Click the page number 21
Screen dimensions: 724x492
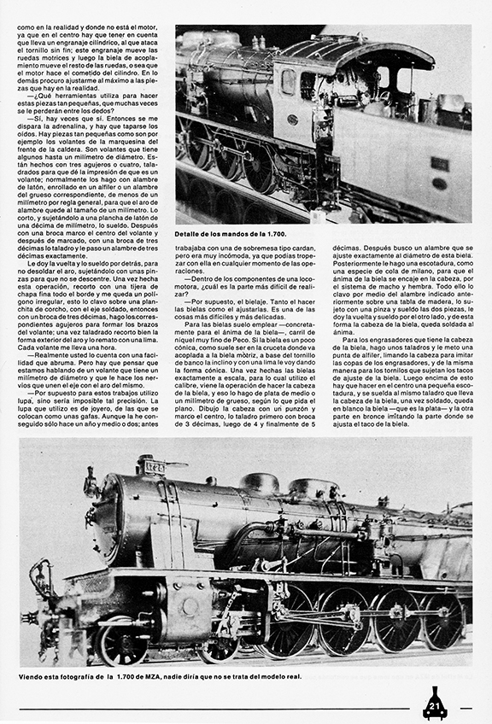click(434, 705)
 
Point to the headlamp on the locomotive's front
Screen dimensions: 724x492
click(90, 485)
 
